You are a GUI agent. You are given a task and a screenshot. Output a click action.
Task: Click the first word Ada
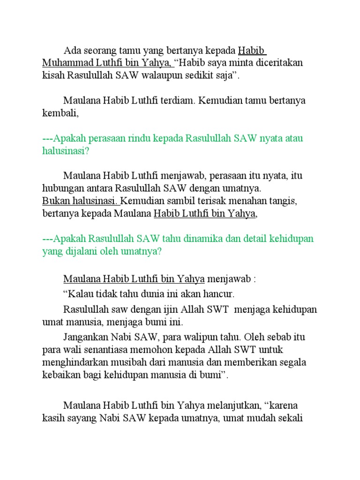[x=72, y=51]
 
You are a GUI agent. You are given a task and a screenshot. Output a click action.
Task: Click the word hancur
[x=221, y=294]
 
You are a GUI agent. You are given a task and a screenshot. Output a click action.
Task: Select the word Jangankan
[x=86, y=337]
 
